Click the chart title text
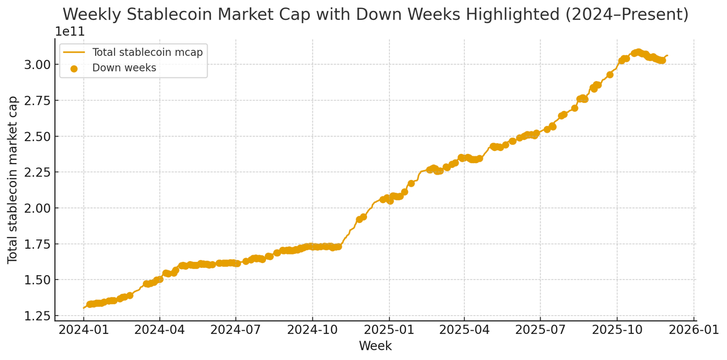[375, 15]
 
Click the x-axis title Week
[375, 346]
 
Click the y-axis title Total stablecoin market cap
[13, 179]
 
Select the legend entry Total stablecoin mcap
[147, 52]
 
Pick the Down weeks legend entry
[124, 68]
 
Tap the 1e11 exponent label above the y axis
[70, 32]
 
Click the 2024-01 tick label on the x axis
[84, 330]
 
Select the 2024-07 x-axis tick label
[236, 330]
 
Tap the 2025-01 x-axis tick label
[389, 330]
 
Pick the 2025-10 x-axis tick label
[617, 330]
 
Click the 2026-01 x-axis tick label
[694, 330]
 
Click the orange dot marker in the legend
[74, 68]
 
